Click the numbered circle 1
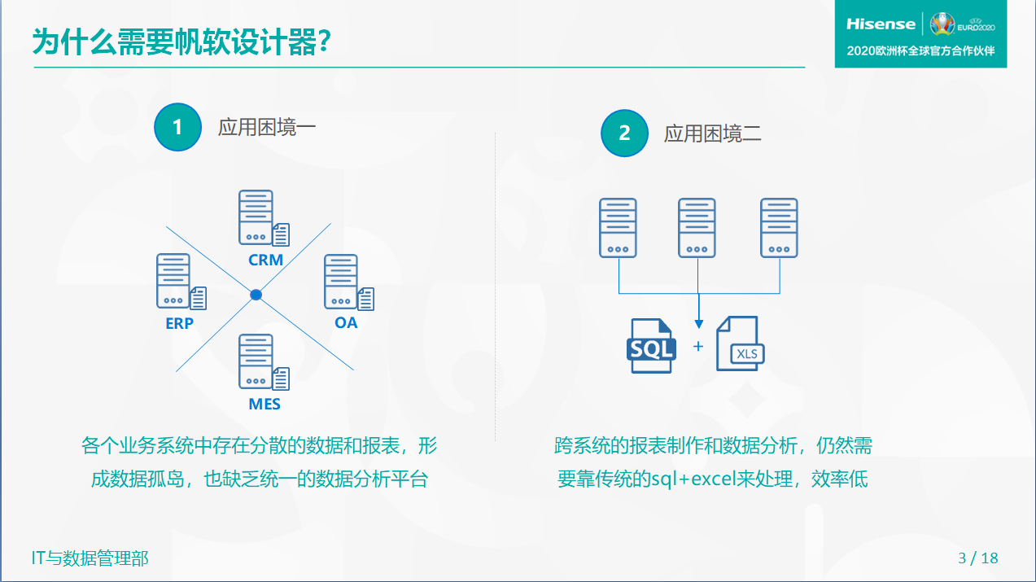click(177, 127)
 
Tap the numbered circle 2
click(624, 133)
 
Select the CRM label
click(265, 260)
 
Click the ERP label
click(180, 323)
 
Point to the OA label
click(346, 322)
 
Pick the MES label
click(264, 404)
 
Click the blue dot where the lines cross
click(256, 295)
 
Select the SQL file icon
click(651, 346)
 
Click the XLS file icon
click(740, 344)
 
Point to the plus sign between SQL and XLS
click(698, 346)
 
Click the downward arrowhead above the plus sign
click(699, 324)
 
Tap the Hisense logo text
click(881, 24)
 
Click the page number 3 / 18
click(978, 558)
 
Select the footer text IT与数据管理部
click(90, 558)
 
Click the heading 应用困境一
click(267, 127)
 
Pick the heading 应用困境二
click(713, 133)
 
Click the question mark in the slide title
click(325, 42)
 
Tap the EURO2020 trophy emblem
click(942, 24)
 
